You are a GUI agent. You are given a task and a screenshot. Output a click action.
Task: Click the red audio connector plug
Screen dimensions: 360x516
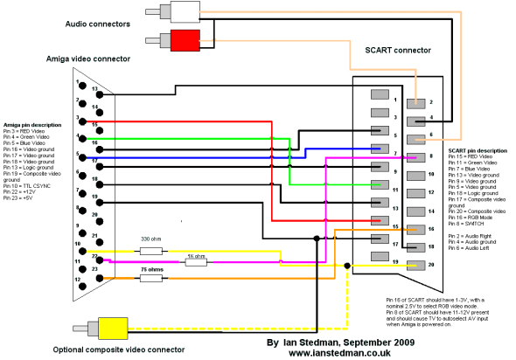coord(185,39)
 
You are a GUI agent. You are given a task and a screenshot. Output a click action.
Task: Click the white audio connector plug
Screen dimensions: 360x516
coord(185,12)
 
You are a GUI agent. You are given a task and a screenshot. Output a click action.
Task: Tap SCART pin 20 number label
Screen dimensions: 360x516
coord(431,263)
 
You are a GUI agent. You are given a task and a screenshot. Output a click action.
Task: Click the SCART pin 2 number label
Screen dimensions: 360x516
coord(431,101)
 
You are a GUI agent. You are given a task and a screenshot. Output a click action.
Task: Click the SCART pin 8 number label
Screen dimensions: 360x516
coord(431,156)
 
